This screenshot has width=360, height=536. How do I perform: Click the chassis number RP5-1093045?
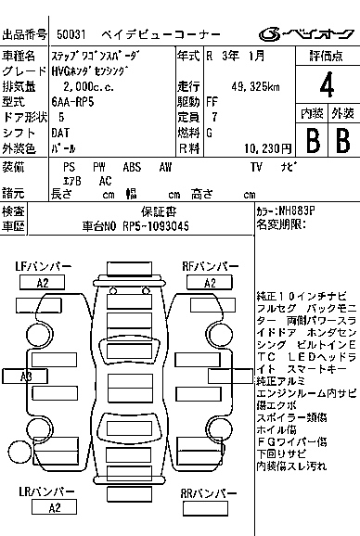[148, 226]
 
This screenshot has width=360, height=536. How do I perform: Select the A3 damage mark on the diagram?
[26, 376]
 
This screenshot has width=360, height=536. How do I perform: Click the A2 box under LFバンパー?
[43, 282]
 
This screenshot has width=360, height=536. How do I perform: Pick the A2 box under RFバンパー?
[211, 282]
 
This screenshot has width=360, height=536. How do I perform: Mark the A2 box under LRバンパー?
[55, 507]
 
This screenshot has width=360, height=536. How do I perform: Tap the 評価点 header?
[326, 57]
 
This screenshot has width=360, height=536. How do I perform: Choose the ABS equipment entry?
[132, 168]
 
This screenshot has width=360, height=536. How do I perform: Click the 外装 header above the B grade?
[342, 112]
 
